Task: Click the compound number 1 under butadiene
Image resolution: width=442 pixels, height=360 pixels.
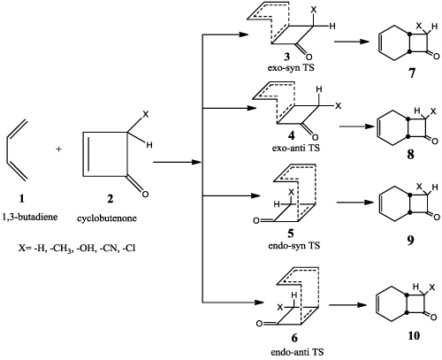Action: [22, 199]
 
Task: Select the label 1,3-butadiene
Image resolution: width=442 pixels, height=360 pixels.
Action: [30, 218]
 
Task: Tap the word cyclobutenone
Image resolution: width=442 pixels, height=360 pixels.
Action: [107, 218]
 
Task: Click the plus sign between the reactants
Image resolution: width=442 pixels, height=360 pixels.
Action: [59, 149]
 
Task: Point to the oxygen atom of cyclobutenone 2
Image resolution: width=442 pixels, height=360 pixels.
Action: [145, 195]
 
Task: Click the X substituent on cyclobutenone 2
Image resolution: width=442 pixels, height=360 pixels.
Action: [146, 114]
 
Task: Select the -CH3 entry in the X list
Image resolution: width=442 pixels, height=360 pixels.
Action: [61, 249]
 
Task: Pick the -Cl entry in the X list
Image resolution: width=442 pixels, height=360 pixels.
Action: [129, 249]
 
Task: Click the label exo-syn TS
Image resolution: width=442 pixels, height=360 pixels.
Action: [291, 67]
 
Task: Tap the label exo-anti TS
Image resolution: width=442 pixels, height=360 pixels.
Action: [296, 148]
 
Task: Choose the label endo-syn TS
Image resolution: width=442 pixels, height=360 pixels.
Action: [294, 245]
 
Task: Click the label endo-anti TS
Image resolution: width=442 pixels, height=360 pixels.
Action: [297, 352]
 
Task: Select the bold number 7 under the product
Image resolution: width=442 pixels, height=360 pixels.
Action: [412, 73]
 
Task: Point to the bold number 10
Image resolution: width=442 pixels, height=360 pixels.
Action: [414, 336]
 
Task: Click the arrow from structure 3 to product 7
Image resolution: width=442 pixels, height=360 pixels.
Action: [352, 42]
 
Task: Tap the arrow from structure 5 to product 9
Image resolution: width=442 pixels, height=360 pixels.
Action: [354, 203]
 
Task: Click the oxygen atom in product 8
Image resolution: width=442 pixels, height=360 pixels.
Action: [435, 142]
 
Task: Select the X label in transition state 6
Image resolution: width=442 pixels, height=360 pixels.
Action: [280, 308]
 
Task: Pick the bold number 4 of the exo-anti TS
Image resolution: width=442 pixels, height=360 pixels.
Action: [291, 136]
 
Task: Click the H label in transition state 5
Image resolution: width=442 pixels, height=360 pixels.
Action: [277, 204]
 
